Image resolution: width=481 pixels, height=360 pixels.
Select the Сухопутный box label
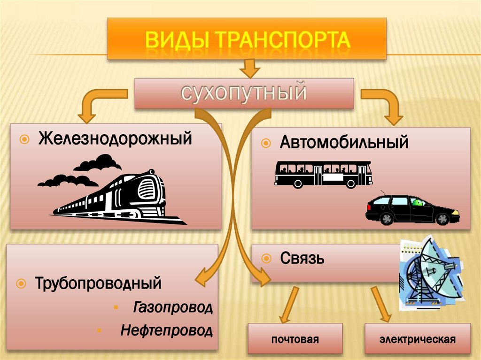[244, 93]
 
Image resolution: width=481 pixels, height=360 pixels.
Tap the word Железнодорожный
[115, 139]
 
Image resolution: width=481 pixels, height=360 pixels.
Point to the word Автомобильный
[344, 142]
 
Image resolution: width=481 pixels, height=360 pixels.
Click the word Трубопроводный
[98, 283]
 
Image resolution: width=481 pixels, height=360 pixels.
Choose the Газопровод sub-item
[173, 308]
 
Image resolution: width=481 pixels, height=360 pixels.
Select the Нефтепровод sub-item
[166, 330]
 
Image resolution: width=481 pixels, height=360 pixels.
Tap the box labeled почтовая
[295, 339]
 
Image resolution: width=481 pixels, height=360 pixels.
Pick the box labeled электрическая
[418, 339]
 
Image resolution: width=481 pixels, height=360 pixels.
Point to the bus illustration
[324, 174]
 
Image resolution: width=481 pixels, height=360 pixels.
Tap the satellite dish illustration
[430, 275]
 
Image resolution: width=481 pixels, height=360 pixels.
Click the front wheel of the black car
[442, 219]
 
